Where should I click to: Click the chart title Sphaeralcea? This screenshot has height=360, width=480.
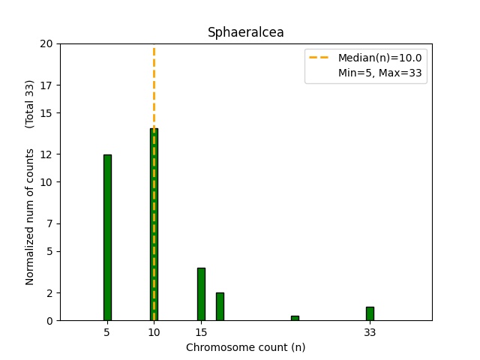(245, 32)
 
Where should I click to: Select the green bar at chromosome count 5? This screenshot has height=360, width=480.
(107, 238)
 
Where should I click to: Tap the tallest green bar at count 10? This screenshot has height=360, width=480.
(154, 225)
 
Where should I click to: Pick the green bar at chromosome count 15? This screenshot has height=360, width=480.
(201, 294)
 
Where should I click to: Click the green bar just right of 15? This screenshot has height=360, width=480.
(220, 306)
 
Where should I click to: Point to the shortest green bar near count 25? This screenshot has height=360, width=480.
(295, 318)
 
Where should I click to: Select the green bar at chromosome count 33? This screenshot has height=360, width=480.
(370, 313)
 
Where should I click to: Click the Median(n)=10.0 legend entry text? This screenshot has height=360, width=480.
(379, 58)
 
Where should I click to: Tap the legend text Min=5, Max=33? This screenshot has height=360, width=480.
(379, 72)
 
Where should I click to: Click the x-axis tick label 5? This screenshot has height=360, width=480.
(107, 331)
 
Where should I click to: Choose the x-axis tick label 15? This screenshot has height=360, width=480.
(201, 331)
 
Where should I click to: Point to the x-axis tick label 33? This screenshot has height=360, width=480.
(370, 331)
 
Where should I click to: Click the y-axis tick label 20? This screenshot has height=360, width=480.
(46, 43)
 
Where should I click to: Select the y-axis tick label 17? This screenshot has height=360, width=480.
(46, 85)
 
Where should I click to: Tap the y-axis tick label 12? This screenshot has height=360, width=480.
(46, 154)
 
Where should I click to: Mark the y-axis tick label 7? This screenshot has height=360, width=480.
(49, 223)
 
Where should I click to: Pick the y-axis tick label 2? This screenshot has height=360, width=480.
(49, 293)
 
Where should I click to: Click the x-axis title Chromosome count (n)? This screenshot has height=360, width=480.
(245, 347)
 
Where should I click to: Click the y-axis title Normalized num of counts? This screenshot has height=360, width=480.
(30, 216)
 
